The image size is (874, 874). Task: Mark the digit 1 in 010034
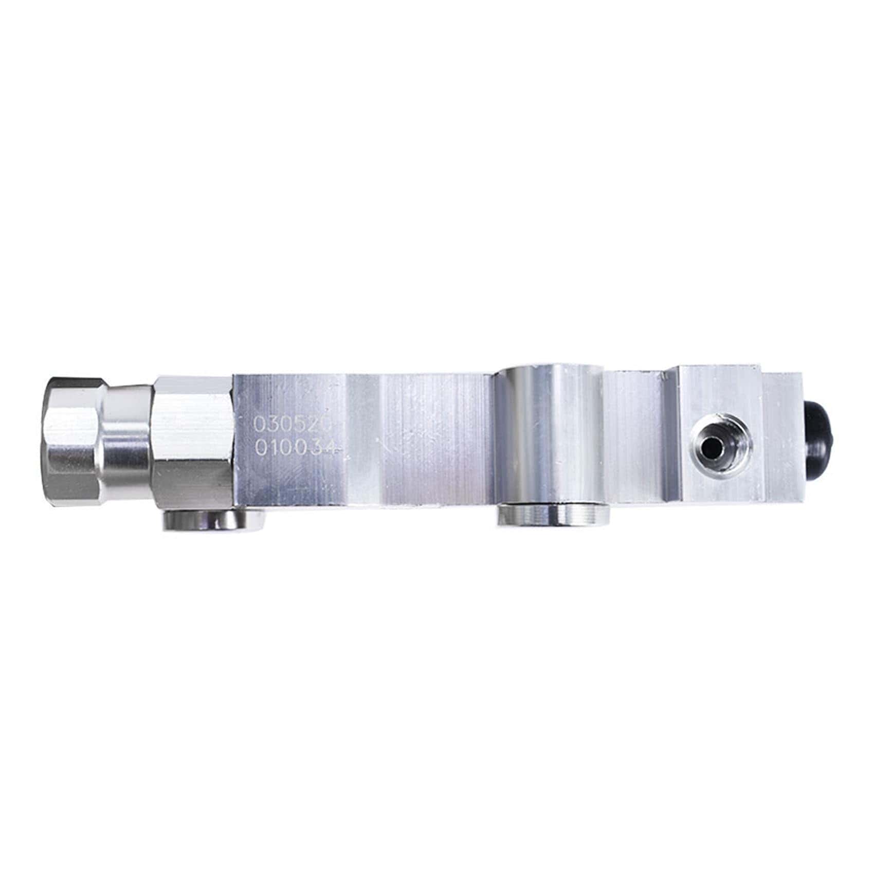(x=275, y=447)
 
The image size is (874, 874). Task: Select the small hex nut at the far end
(x=72, y=441)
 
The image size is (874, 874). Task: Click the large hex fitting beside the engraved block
(x=193, y=441)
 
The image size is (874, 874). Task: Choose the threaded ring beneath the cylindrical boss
(x=553, y=515)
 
